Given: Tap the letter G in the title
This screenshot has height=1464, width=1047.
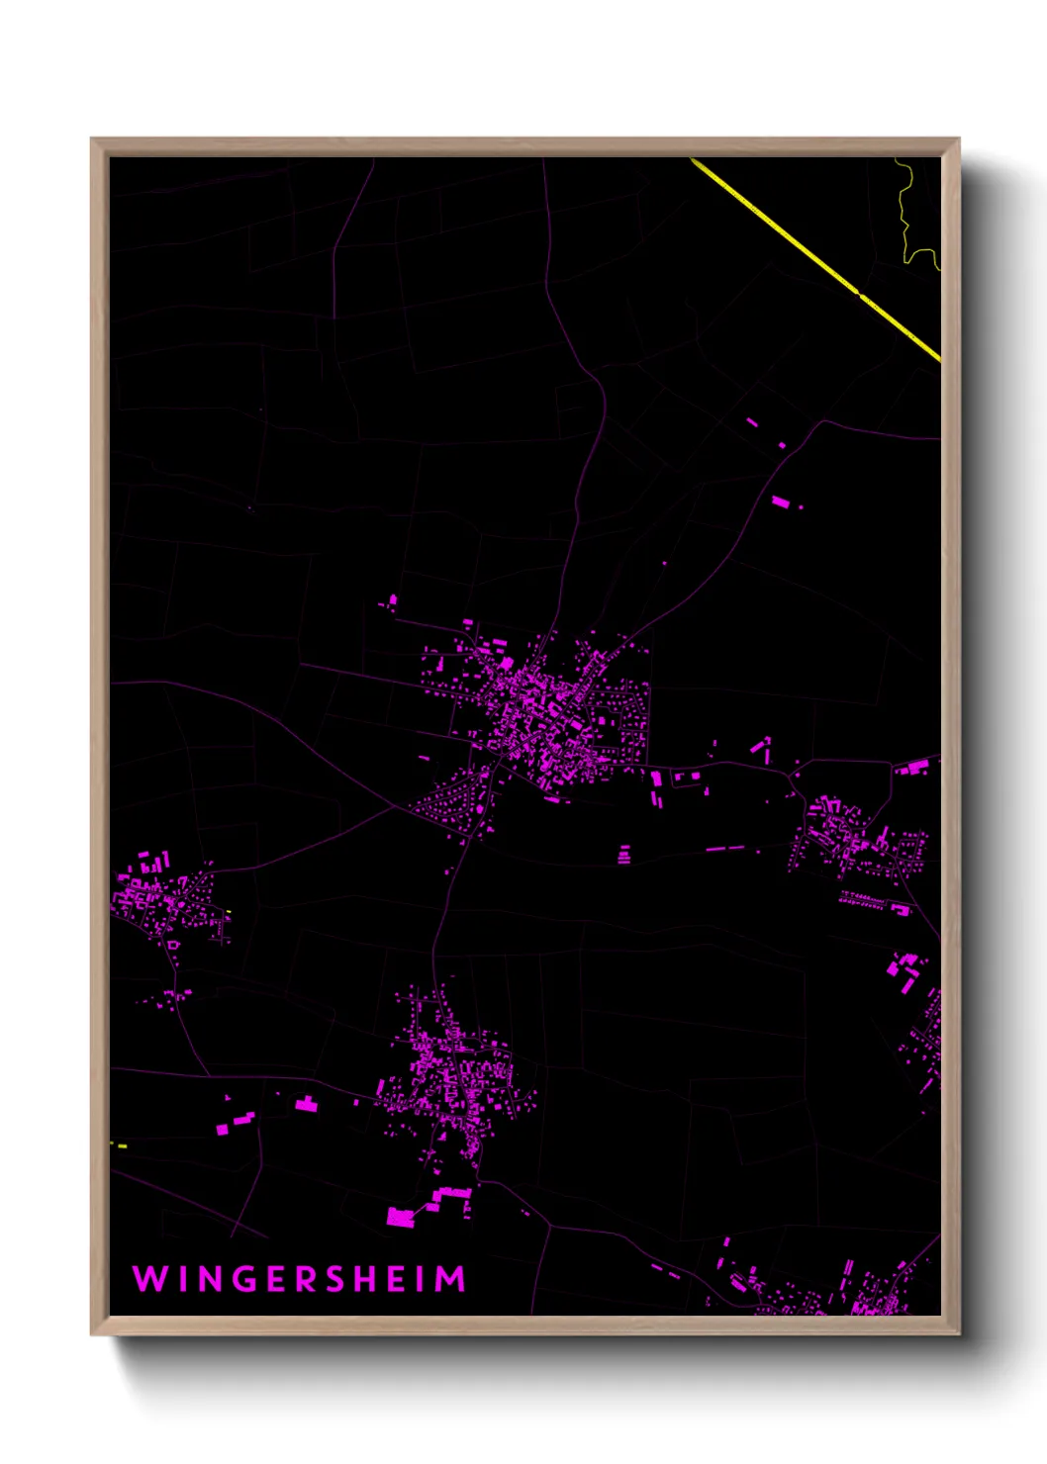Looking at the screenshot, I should (x=246, y=1279).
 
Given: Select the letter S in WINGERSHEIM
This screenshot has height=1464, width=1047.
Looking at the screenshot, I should (x=335, y=1279).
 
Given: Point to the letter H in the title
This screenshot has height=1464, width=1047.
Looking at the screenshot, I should (x=368, y=1279).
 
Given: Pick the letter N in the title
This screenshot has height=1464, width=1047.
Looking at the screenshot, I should (x=210, y=1279).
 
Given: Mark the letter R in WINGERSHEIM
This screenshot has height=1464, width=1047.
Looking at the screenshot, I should (x=306, y=1279).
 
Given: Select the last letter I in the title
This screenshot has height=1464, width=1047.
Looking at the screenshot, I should (x=424, y=1279).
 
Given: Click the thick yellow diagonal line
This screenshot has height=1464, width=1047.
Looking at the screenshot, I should (x=815, y=259).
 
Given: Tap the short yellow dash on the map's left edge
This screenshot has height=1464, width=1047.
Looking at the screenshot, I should (x=119, y=1145).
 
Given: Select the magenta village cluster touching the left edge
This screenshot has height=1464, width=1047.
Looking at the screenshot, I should (x=158, y=900).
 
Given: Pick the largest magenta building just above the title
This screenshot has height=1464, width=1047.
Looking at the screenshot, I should (x=400, y=1217).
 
